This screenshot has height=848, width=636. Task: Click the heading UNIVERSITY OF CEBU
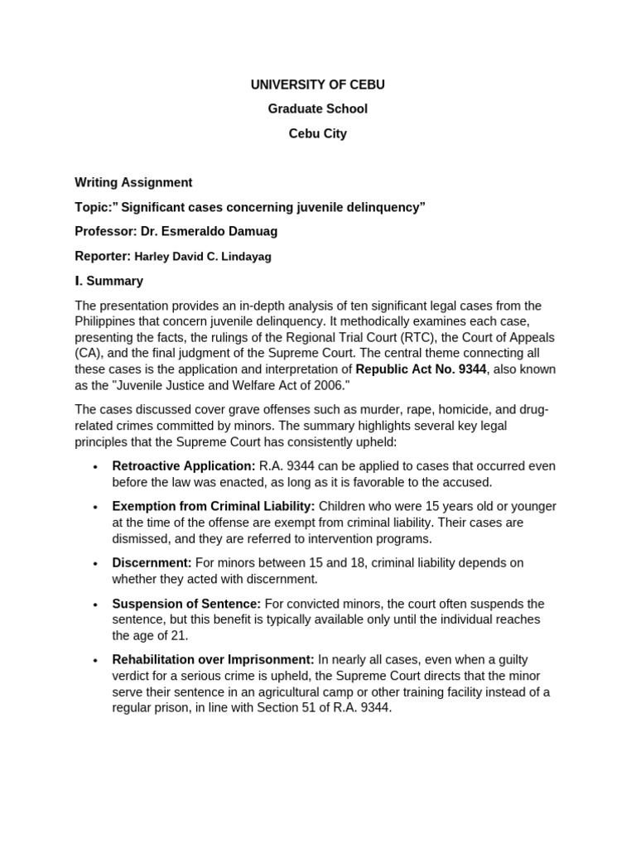[317, 84]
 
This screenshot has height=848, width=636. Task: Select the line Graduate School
[317, 108]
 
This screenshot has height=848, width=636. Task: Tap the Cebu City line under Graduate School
[317, 133]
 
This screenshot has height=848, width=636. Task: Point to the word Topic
[93, 207]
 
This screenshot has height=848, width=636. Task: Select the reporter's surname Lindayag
[242, 257]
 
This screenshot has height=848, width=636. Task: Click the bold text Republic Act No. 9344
[422, 369]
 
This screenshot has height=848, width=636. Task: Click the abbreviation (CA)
[89, 353]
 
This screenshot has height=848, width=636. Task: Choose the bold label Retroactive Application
[184, 466]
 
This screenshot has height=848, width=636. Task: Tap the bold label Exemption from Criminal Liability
[214, 506]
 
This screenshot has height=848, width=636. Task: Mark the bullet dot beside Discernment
[96, 564]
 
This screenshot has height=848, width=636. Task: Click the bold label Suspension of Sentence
[186, 604]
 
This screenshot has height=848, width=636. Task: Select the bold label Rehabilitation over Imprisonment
[214, 660]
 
